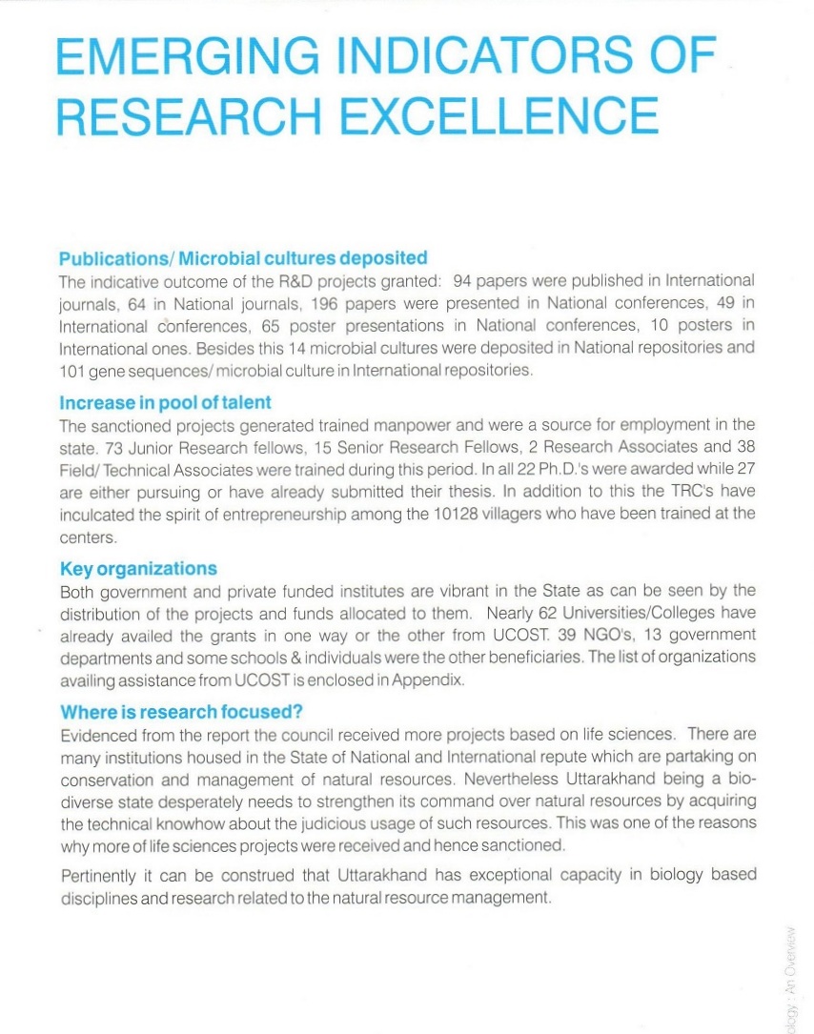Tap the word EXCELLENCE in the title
pos(499,116)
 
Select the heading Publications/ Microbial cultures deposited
pos(243,258)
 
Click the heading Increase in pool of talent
pos(164,402)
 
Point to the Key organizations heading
pos(138,569)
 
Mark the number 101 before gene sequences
pos(72,369)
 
